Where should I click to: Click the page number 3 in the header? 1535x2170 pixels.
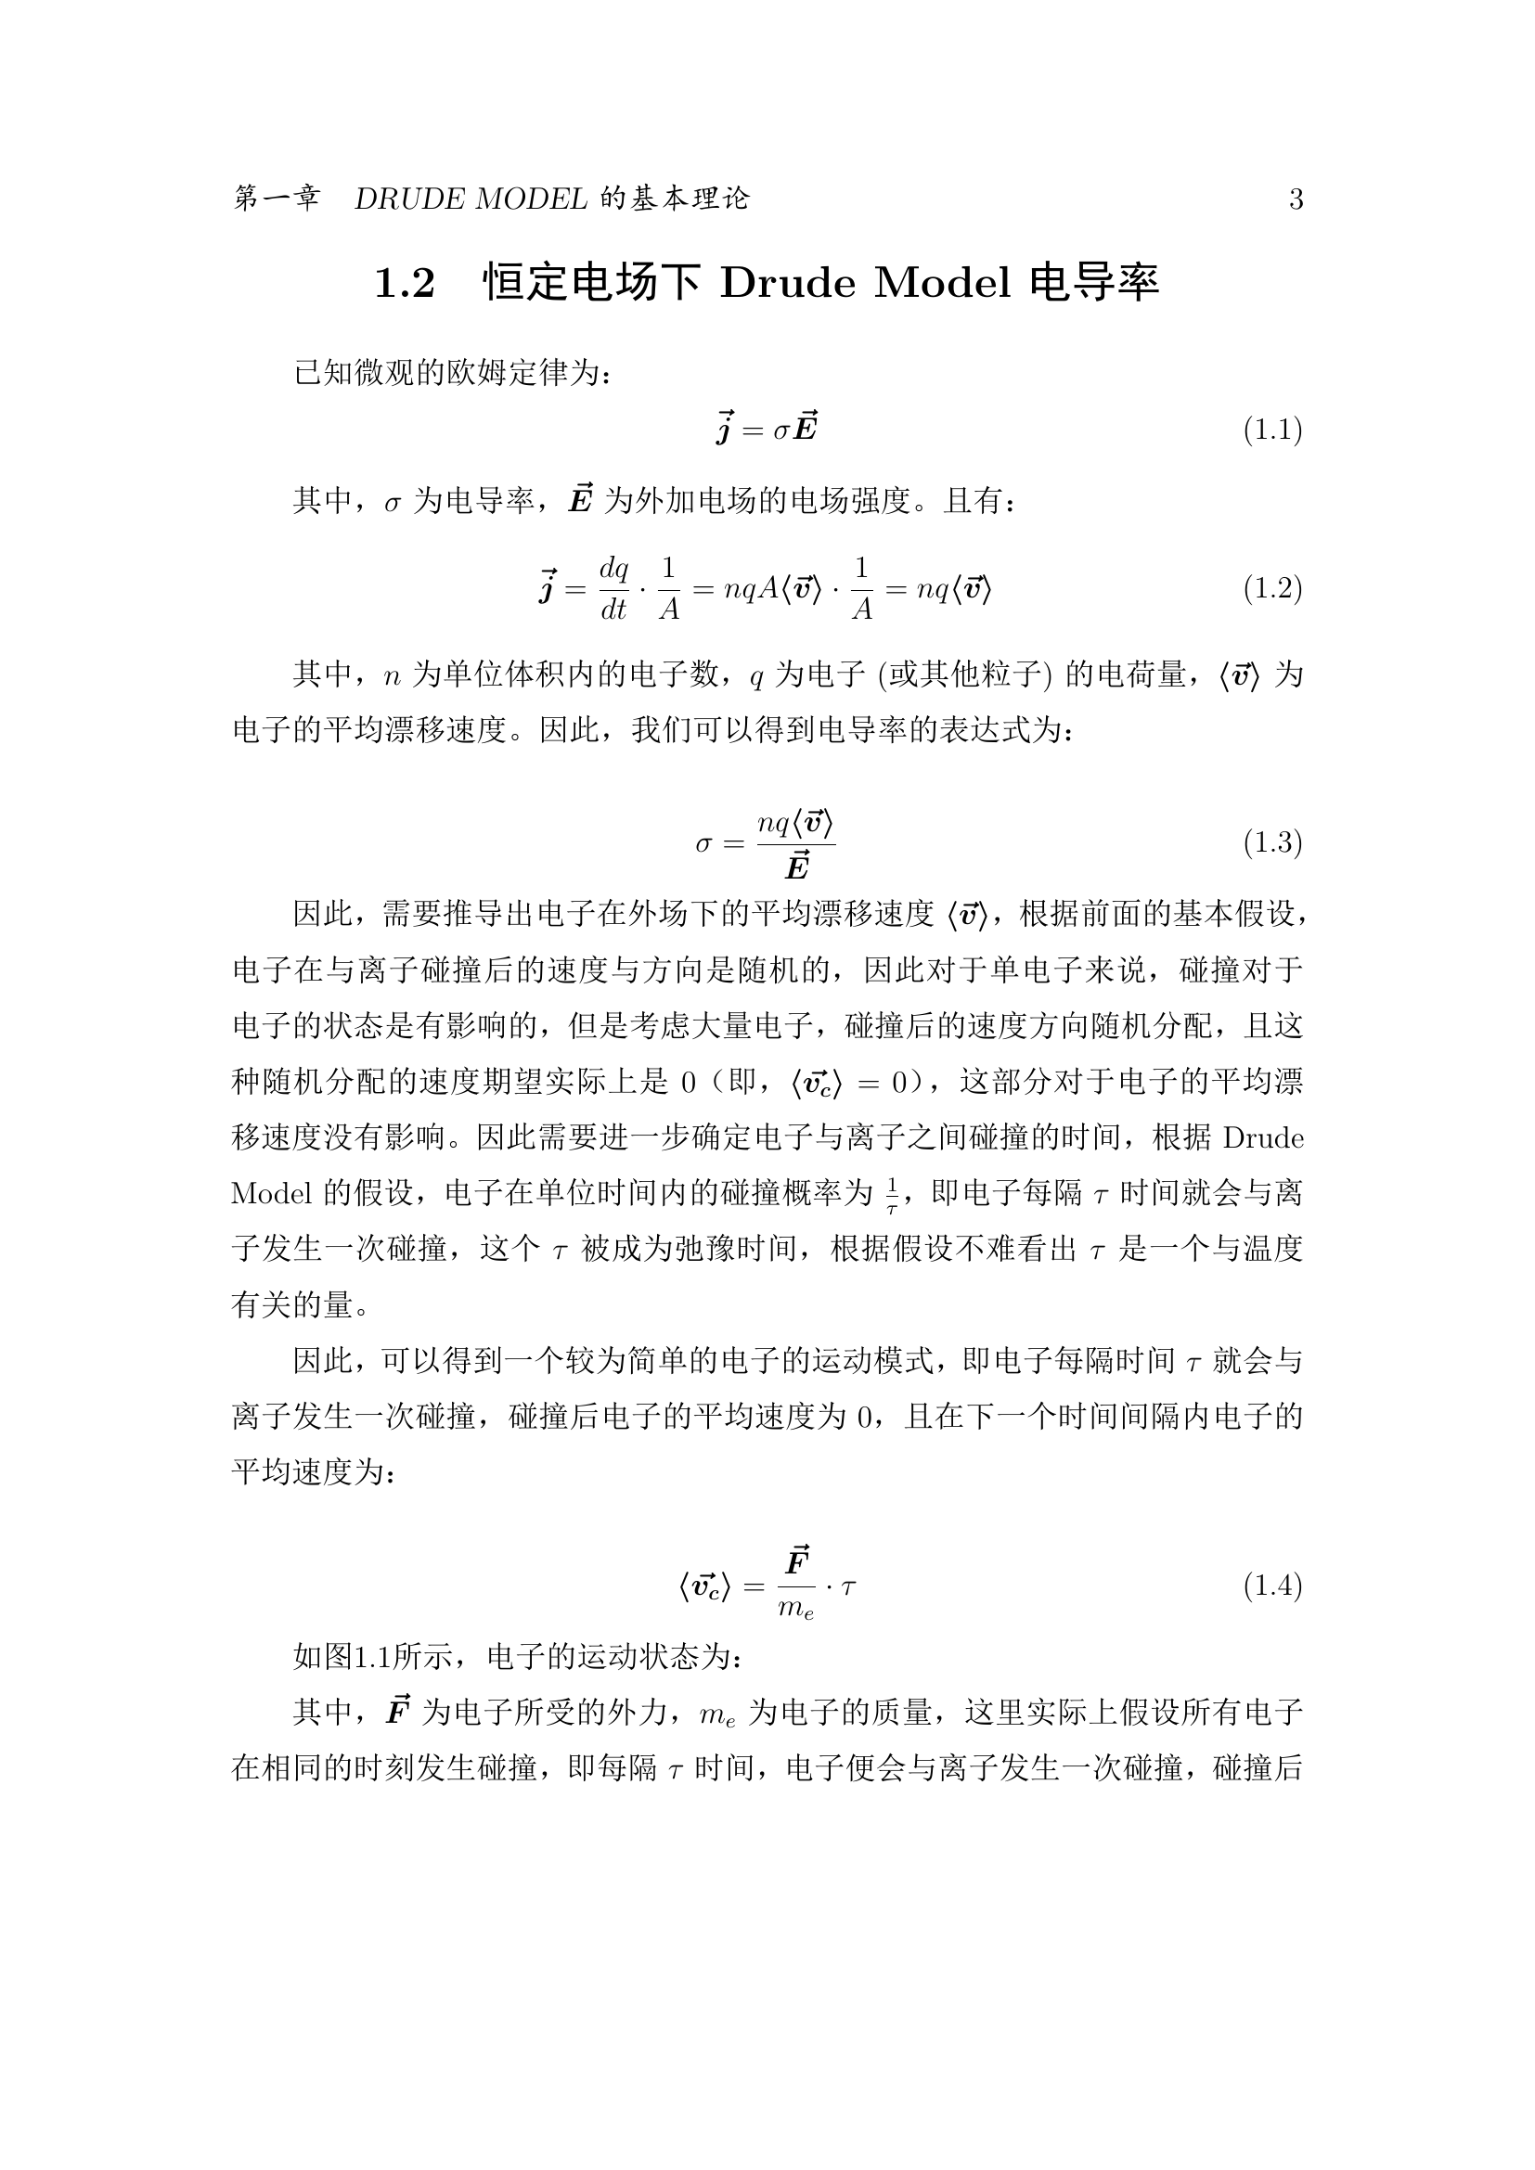coord(1296,199)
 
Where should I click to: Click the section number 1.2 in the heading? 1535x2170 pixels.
coord(405,284)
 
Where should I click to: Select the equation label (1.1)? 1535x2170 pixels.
coord(1272,430)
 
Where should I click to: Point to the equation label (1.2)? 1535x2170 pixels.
coord(1272,589)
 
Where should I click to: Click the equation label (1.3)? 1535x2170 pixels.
coord(1272,842)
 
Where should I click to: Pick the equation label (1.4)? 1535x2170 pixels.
coord(1272,1586)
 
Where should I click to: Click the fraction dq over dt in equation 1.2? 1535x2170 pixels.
coord(614,589)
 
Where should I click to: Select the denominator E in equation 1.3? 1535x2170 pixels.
coord(797,866)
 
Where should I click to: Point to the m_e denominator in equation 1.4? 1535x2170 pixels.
coord(796,1609)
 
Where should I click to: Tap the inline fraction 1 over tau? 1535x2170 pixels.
coord(890,1195)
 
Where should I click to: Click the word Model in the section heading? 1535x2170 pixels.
coord(941,283)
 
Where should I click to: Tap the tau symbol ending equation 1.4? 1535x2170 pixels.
coord(848,1586)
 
